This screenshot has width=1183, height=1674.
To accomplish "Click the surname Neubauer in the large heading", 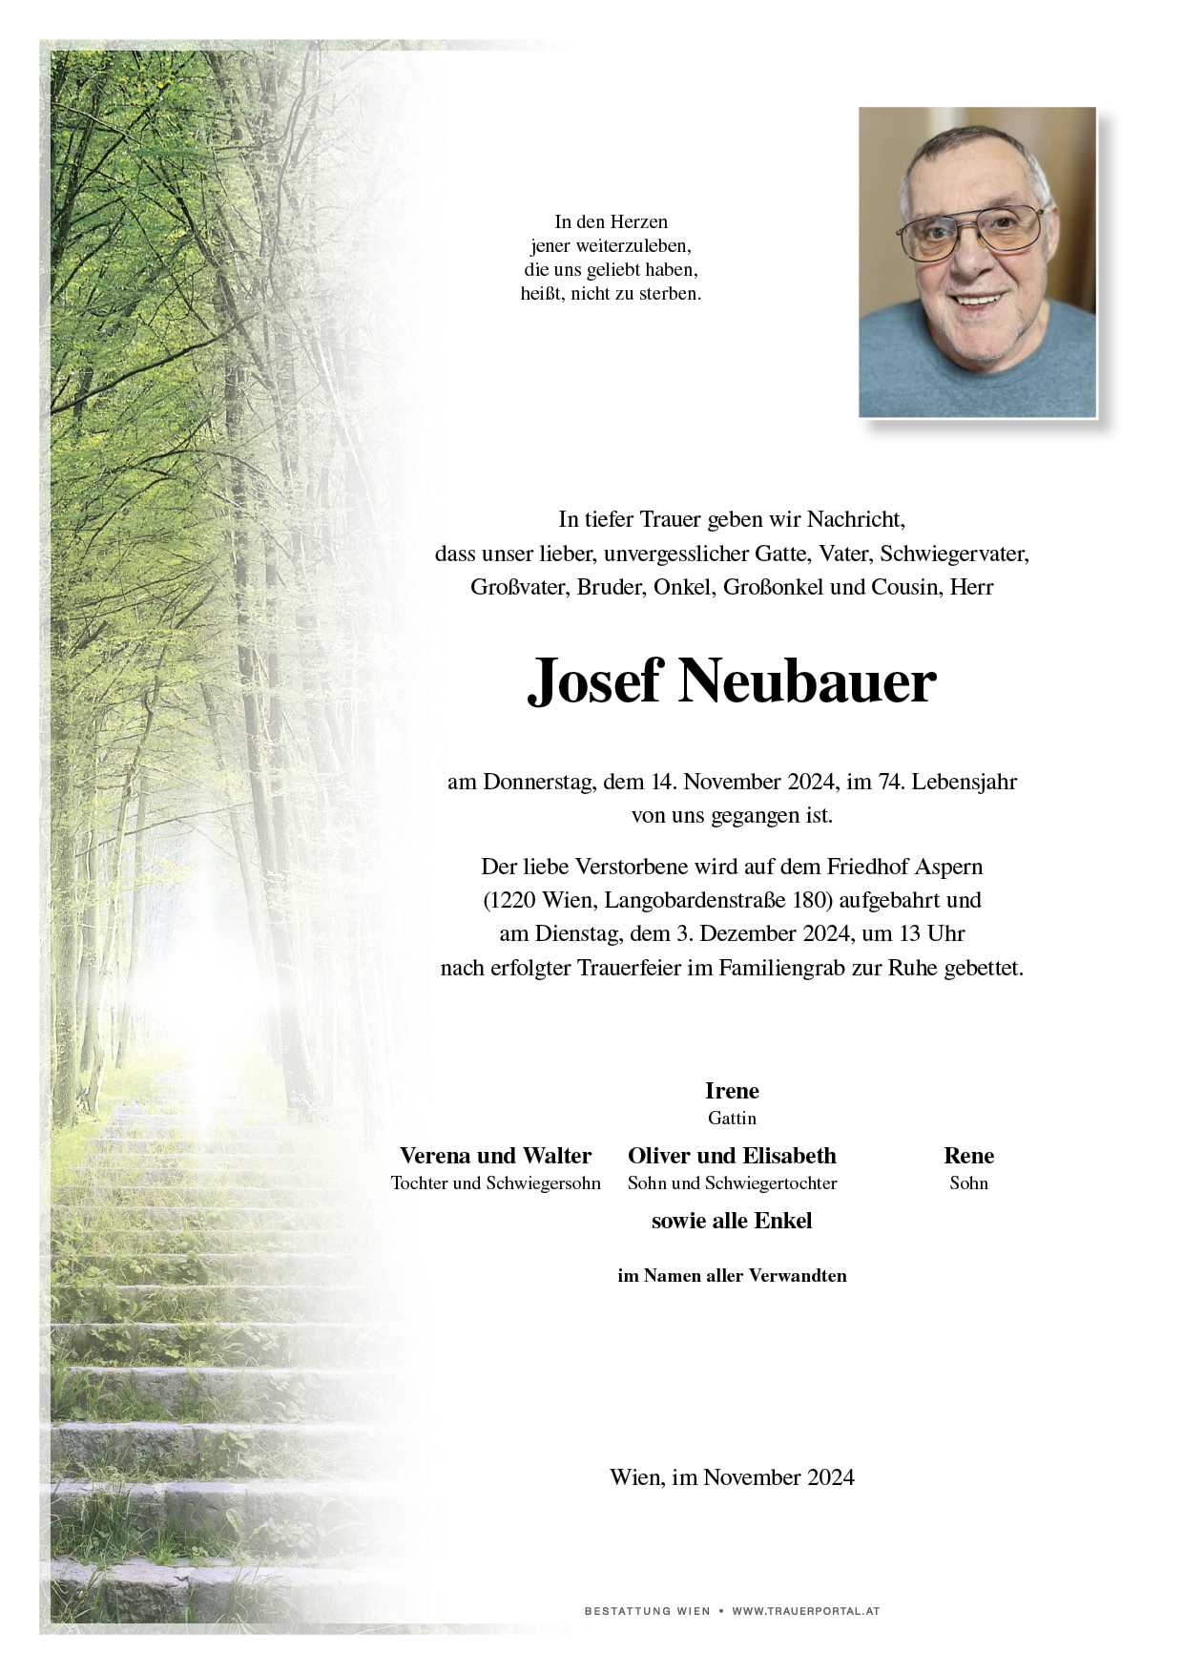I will [x=807, y=682].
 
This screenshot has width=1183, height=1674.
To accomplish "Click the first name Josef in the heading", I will [x=594, y=682].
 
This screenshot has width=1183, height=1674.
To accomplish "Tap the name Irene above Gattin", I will [x=732, y=1091].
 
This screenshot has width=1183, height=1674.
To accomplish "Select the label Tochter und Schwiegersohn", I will [x=495, y=1183].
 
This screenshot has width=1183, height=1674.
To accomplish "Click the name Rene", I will [x=968, y=1156].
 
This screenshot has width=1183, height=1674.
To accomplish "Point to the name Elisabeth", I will [x=789, y=1156].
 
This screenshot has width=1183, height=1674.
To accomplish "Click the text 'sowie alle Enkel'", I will [x=732, y=1221].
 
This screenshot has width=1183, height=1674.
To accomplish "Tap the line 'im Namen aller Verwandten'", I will [x=732, y=1276].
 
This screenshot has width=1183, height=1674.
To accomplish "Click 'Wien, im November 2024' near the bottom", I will [x=732, y=1477].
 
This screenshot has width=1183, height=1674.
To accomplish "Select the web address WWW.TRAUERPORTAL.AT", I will [x=805, y=1611].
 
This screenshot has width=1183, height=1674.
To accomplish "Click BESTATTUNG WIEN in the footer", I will [x=647, y=1611].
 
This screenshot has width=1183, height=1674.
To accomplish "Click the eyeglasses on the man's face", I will [x=971, y=233].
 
